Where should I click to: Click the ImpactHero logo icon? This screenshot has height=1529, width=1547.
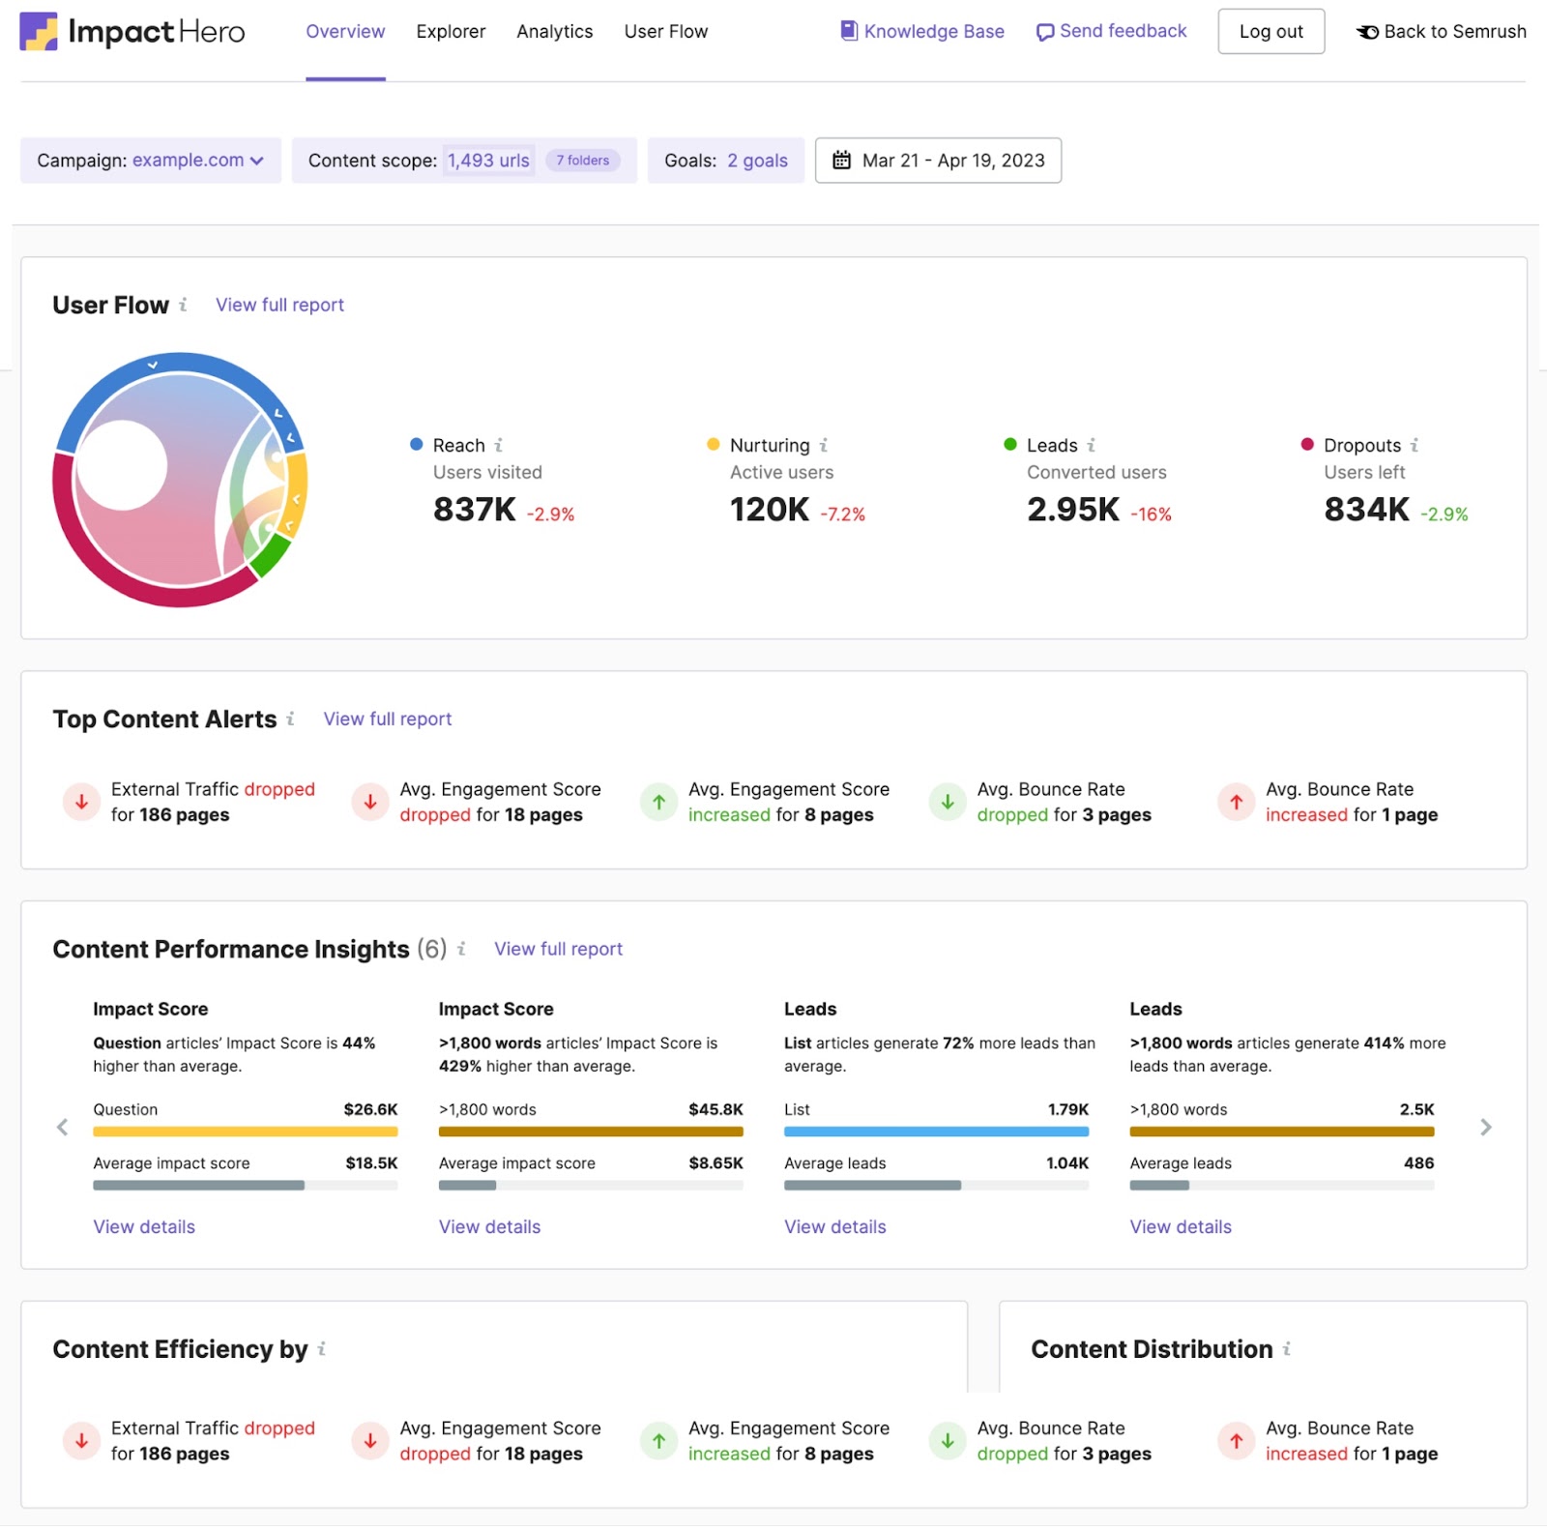[x=39, y=32]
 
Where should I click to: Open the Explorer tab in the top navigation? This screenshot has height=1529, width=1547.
[x=451, y=32]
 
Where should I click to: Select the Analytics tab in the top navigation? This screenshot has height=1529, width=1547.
[x=554, y=32]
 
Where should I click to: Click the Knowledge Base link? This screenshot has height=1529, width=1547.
[x=922, y=32]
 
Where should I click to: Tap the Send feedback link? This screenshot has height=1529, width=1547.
[x=1111, y=32]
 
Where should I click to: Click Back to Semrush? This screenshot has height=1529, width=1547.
[x=1442, y=32]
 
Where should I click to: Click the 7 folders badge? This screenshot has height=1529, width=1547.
[x=582, y=161]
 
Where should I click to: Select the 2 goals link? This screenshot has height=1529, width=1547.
[x=757, y=161]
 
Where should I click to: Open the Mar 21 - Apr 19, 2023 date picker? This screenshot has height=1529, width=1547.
[x=938, y=161]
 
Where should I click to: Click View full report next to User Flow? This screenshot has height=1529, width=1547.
[x=279, y=305]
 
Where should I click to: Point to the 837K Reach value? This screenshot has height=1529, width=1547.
[x=474, y=509]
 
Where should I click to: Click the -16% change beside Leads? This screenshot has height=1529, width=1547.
[x=1151, y=515]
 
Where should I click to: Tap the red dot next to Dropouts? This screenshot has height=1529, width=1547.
[x=1307, y=444]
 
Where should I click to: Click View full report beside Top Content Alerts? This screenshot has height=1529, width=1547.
[x=388, y=719]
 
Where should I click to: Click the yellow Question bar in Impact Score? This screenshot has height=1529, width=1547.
[x=245, y=1132]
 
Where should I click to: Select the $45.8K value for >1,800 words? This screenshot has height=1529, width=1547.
[x=715, y=1109]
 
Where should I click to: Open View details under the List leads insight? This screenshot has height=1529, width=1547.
[x=834, y=1226]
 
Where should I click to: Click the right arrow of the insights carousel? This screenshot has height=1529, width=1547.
[x=1486, y=1128]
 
